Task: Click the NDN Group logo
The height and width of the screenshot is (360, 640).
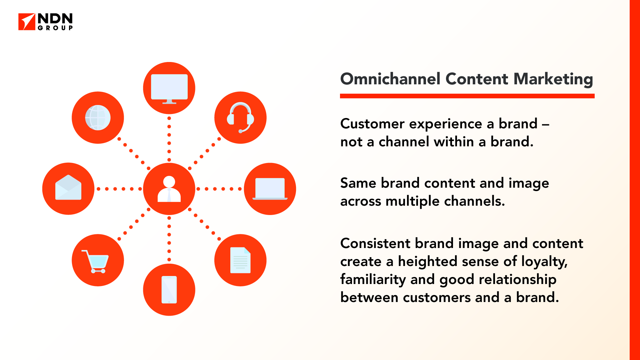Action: (45, 22)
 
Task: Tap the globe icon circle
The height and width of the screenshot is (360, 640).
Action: (98, 118)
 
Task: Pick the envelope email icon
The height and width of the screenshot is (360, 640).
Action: (68, 187)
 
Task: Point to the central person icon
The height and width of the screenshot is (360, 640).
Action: (169, 189)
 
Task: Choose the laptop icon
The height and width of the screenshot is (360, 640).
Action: (270, 189)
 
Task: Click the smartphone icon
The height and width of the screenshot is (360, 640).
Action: (169, 290)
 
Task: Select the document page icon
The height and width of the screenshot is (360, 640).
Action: (240, 260)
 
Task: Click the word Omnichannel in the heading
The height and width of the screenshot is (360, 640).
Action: (390, 79)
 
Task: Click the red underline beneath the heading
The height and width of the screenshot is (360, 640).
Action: (467, 96)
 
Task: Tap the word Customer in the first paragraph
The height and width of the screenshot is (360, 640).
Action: (372, 124)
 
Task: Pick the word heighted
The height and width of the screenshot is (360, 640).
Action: (428, 262)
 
